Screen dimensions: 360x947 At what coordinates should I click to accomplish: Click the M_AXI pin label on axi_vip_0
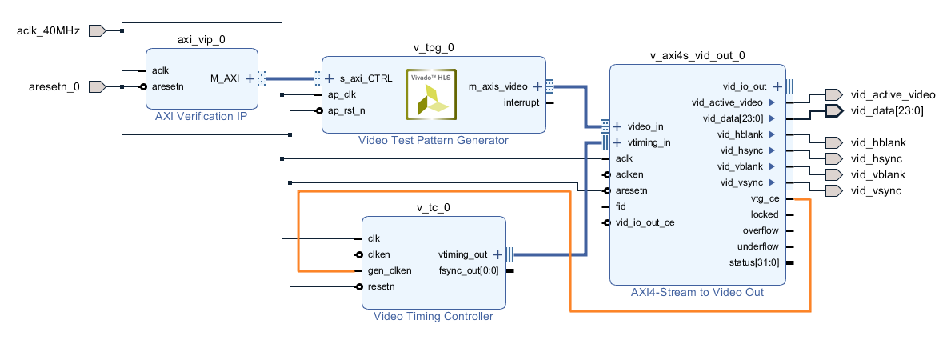point(226,78)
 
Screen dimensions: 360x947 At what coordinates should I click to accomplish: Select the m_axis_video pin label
point(498,86)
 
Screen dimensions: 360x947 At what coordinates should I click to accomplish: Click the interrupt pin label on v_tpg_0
point(521,102)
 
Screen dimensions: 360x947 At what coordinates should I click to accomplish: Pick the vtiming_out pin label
point(462,254)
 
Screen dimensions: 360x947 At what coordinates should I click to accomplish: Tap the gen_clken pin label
point(390,270)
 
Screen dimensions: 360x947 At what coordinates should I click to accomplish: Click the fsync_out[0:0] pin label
point(469,270)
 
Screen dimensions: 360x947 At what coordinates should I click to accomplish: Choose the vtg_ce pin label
point(765,198)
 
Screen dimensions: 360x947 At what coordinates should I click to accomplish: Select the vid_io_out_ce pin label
point(645,222)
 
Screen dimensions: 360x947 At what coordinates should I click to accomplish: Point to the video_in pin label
point(645,126)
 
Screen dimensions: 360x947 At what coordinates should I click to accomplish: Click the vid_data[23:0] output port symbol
point(833,110)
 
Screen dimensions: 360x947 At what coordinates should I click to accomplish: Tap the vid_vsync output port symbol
point(833,190)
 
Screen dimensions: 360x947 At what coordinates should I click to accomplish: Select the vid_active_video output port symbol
point(833,94)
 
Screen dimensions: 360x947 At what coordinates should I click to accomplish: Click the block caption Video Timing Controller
point(433,316)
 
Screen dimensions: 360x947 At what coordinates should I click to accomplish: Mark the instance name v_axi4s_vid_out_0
point(697,55)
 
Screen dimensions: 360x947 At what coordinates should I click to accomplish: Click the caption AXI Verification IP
point(201,116)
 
